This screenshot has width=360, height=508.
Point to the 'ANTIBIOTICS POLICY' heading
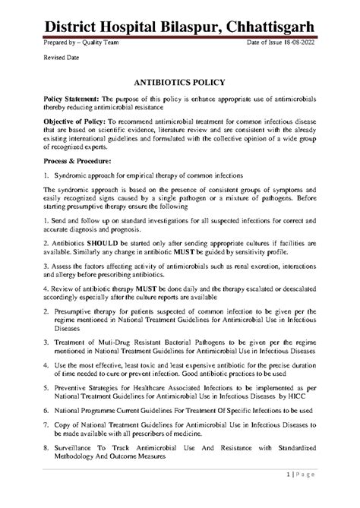(179, 87)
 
